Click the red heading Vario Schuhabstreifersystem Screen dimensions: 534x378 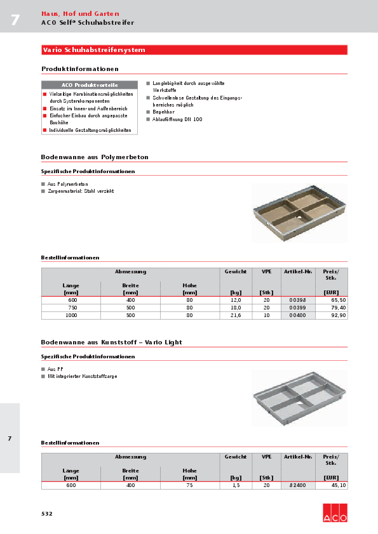point(93,49)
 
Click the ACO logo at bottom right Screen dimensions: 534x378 point(335,512)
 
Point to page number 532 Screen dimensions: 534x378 point(47,513)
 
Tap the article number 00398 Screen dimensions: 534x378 point(297,300)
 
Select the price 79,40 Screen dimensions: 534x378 point(338,308)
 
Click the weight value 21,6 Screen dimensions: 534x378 point(235,315)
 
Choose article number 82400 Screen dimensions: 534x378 point(297,485)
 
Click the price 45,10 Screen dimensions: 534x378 point(338,485)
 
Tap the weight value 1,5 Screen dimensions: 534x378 point(235,485)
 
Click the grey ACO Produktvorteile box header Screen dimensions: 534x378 point(89,85)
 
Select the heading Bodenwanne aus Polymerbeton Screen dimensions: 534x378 point(95,157)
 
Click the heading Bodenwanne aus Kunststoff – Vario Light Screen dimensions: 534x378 point(111,342)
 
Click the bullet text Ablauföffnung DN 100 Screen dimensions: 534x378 point(177,119)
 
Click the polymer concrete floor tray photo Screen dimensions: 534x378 point(299,212)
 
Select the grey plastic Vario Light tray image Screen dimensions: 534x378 point(299,398)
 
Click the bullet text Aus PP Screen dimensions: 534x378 point(55,368)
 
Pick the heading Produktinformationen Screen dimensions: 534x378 point(80,68)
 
